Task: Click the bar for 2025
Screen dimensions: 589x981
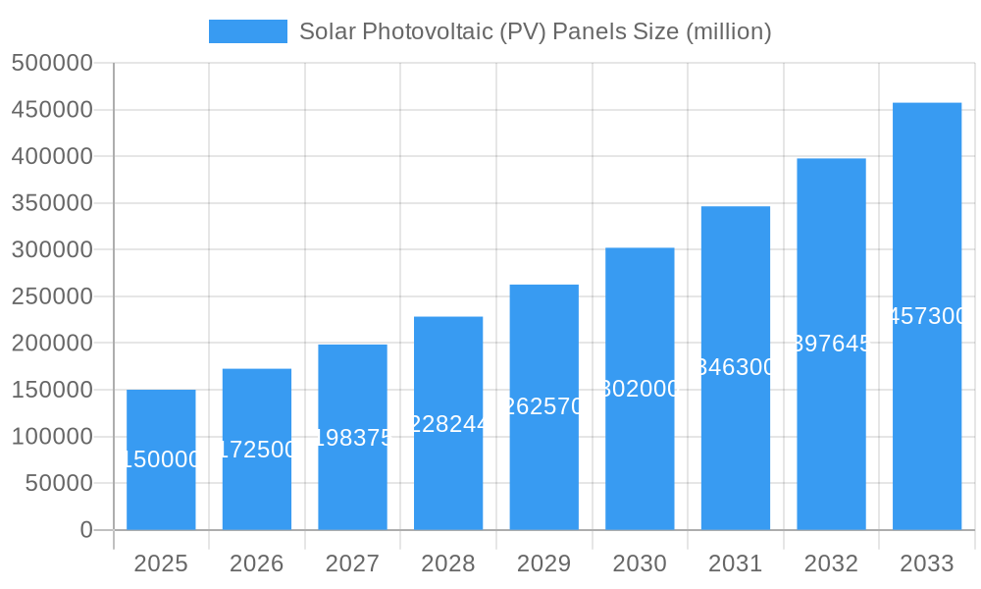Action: (x=161, y=491)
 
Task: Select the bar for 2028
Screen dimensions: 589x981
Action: (x=448, y=471)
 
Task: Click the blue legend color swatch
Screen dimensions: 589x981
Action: (x=248, y=31)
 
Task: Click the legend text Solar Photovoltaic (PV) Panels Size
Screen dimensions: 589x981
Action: (x=535, y=31)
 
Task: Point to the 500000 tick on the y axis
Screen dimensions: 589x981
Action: (x=52, y=63)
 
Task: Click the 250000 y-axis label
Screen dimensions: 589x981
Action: (x=52, y=296)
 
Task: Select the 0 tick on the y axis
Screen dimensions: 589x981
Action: (x=86, y=530)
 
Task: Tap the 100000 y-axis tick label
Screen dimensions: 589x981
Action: (x=52, y=437)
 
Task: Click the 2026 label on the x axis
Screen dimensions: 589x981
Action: (x=257, y=563)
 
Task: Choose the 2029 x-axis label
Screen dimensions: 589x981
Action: (x=544, y=563)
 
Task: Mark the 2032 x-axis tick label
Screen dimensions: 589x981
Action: (x=831, y=563)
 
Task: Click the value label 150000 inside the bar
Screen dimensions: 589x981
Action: (x=161, y=459)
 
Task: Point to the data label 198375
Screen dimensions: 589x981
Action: (x=352, y=438)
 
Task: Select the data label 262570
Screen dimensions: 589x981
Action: (x=544, y=406)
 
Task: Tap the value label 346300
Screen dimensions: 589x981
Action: (x=736, y=367)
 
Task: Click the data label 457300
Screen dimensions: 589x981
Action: (x=927, y=316)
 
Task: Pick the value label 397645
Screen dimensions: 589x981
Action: (x=831, y=344)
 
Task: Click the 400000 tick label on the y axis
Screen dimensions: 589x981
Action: (x=52, y=156)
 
